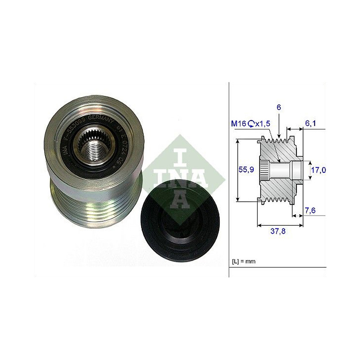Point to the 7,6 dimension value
310,211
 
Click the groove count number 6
278,107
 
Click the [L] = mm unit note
244,261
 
